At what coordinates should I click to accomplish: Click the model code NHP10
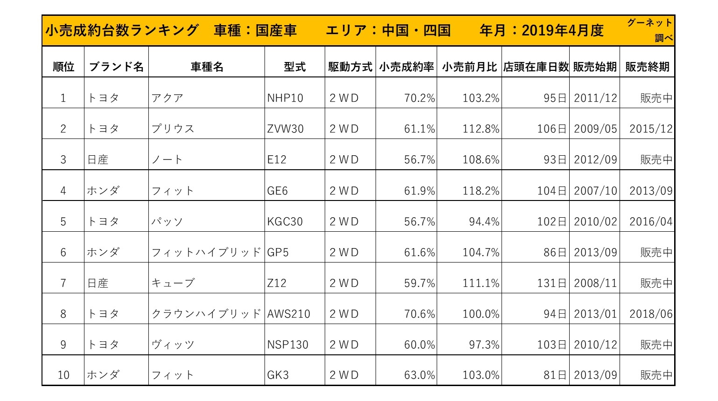(x=285, y=98)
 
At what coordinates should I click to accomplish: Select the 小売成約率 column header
(x=406, y=67)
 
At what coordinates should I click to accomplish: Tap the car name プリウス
(x=173, y=129)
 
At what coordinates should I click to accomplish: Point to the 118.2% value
(x=481, y=191)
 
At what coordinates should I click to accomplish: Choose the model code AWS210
(x=288, y=314)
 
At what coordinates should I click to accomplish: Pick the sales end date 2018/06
(x=651, y=314)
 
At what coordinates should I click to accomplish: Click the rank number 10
(x=63, y=375)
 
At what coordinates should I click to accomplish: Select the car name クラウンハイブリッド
(x=206, y=314)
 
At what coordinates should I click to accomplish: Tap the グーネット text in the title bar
(x=649, y=23)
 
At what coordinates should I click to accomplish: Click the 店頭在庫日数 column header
(x=536, y=67)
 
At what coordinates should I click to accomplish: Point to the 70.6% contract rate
(x=419, y=314)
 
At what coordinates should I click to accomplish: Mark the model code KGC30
(x=285, y=221)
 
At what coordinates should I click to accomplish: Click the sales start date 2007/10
(x=595, y=191)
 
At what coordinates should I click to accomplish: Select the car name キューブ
(x=173, y=283)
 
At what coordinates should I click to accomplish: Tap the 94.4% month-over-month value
(x=484, y=221)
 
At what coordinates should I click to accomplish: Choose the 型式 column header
(x=294, y=67)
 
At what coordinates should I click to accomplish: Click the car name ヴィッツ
(x=173, y=345)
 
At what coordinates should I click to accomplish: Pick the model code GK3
(x=278, y=375)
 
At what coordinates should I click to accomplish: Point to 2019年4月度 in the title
(x=562, y=31)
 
